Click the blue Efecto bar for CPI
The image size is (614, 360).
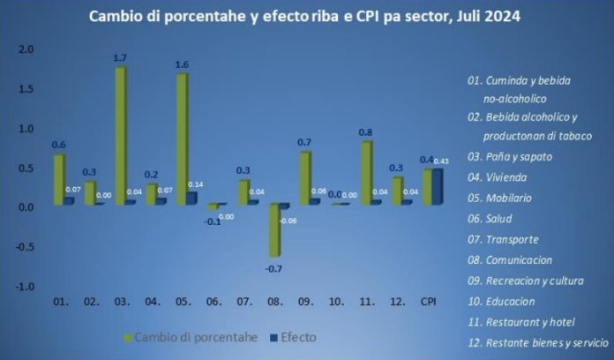[x=438, y=187]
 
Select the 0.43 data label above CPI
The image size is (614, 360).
[x=443, y=161]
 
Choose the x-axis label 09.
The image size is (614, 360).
[x=305, y=303]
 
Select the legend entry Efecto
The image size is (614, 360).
[x=296, y=336]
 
